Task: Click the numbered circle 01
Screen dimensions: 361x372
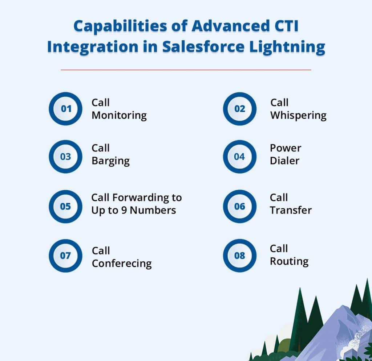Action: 66,109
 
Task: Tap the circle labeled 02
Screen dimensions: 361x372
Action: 239,109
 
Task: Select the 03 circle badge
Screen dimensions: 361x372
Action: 66,157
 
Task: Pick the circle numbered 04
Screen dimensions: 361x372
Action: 239,157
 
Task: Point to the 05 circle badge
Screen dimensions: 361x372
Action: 66,206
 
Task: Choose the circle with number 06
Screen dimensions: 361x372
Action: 239,206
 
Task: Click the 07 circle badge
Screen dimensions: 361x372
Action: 66,256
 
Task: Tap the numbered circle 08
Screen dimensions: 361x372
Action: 239,256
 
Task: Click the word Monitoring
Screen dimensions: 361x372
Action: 119,116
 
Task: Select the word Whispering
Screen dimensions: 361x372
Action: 298,116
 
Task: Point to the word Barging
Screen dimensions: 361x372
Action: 110,161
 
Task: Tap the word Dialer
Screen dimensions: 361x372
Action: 284,161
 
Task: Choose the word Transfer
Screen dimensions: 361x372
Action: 291,210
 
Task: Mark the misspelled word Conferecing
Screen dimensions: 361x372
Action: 122,264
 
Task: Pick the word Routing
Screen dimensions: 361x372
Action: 289,261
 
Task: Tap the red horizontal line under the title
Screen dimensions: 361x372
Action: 186,70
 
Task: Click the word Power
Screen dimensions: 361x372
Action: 286,148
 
